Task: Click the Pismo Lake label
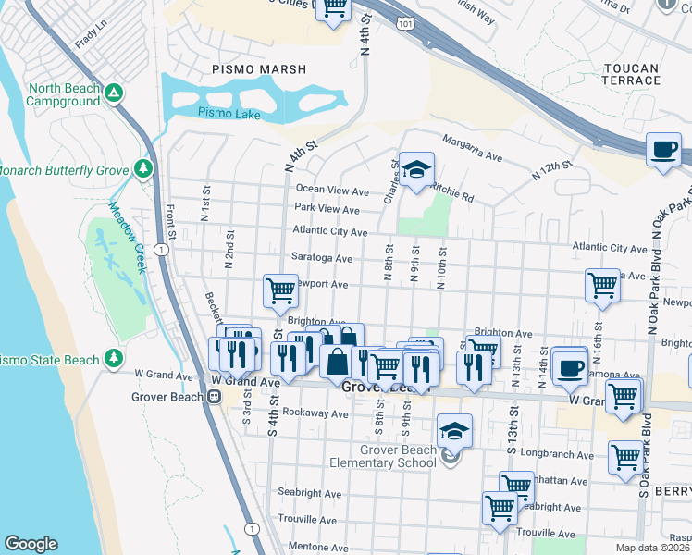pyautogui.click(x=229, y=115)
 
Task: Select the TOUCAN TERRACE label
pyautogui.click(x=631, y=75)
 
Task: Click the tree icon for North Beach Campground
pyautogui.click(x=113, y=92)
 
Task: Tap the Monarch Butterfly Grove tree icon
pyautogui.click(x=142, y=167)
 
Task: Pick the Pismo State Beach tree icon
pyautogui.click(x=114, y=357)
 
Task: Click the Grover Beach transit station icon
pyautogui.click(x=214, y=397)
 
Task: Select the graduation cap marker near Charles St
pyautogui.click(x=416, y=169)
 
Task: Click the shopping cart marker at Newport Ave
pyautogui.click(x=280, y=290)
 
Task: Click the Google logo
pyautogui.click(x=31, y=544)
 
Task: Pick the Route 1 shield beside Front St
pyautogui.click(x=162, y=250)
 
